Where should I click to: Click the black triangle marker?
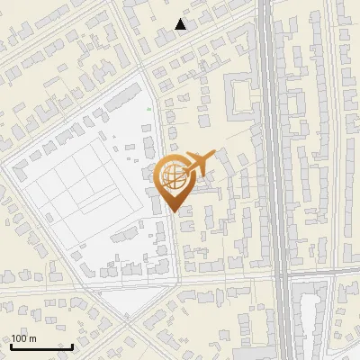(181, 24)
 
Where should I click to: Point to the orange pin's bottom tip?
(172, 211)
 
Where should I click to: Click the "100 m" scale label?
(23, 338)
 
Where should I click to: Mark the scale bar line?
(41, 346)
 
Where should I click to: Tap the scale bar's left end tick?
(11, 345)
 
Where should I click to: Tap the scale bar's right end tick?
(72, 345)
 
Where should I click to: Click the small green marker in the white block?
(149, 109)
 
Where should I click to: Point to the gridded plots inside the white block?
(81, 184)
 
